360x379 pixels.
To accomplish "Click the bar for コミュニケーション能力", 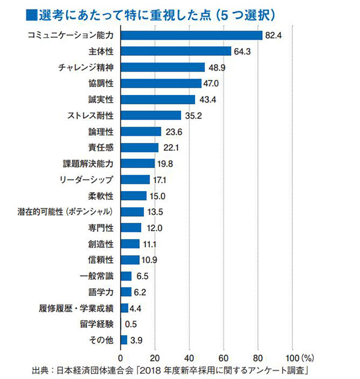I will pyautogui.click(x=191, y=35).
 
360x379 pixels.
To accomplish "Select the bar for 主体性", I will pyautogui.click(x=176, y=51).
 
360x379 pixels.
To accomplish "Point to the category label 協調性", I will pyautogui.click(x=103, y=83).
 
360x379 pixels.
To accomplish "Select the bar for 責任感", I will pyautogui.click(x=140, y=148).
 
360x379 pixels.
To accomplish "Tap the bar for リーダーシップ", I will pyautogui.click(x=135, y=180).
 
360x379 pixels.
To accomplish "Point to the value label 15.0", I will pyautogui.click(x=158, y=196).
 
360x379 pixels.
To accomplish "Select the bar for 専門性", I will pyautogui.click(x=131, y=228).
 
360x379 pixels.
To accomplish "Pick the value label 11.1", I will pyautogui.click(x=151, y=244).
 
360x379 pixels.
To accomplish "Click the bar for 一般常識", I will pyautogui.click(x=126, y=276).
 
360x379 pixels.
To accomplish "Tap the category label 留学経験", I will pyautogui.click(x=99, y=324).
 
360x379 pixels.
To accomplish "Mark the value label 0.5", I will pyautogui.click(x=132, y=324).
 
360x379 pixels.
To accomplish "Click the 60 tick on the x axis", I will pyautogui.click(x=224, y=354).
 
